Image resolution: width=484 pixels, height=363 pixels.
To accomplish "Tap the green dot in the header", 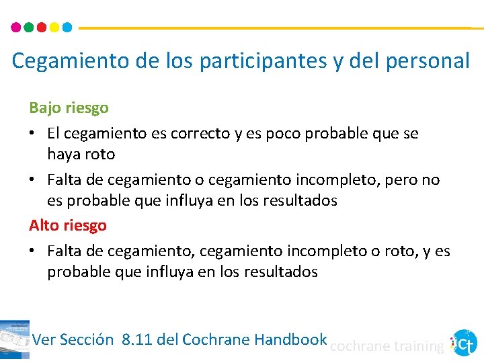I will (29, 28).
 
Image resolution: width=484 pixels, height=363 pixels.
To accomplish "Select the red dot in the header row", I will (42, 28).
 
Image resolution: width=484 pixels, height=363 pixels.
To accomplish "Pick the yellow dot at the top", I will (54, 28).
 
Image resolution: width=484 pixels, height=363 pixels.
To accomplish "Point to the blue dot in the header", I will (67, 28).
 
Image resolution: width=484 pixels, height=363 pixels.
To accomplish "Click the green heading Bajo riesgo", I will (69, 108).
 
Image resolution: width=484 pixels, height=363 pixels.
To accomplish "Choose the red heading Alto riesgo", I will (67, 225).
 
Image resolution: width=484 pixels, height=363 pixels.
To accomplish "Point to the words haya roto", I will (81, 155).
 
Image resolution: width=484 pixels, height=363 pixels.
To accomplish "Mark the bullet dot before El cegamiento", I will (32, 133).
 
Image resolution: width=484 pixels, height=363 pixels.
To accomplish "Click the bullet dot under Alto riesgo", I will (32, 251).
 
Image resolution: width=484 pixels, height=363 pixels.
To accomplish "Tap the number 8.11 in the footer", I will (137, 339).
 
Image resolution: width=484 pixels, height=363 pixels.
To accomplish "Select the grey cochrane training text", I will (387, 346).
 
